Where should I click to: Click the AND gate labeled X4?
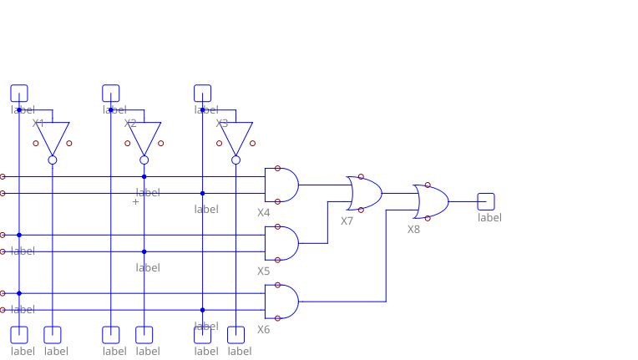tap(281, 185)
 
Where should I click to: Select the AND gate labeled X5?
tap(281, 243)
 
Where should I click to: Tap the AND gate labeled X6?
tap(281, 302)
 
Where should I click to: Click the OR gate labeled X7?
tap(364, 193)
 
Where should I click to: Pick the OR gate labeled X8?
tap(431, 201)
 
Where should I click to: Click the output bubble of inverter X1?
tap(52, 160)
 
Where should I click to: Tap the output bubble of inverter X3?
tap(235, 160)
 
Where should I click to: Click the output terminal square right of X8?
tap(486, 201)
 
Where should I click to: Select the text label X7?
tap(347, 221)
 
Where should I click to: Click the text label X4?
tap(263, 213)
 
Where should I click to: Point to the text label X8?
tap(413, 230)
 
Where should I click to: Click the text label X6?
tap(263, 330)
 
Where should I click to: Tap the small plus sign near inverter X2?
tap(135, 201)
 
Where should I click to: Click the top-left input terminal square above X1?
tap(18, 93)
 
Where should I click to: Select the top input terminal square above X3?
tap(202, 93)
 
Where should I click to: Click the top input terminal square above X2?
tap(110, 93)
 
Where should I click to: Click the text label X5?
tap(263, 271)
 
